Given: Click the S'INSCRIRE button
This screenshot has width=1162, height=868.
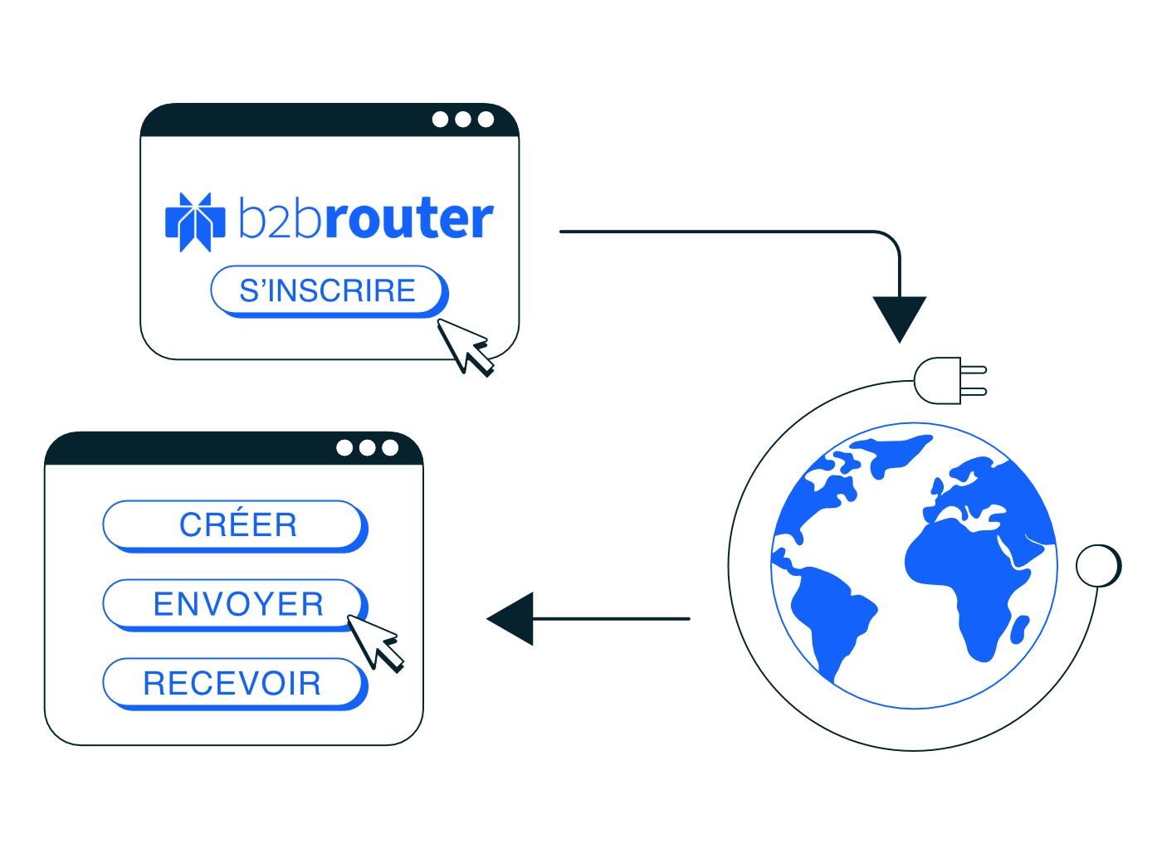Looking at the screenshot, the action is (329, 290).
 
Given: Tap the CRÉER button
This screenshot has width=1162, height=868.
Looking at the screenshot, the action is (235, 525).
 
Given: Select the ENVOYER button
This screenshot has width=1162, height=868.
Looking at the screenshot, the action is (235, 604).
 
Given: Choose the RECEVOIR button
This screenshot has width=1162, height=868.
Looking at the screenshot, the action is (235, 683).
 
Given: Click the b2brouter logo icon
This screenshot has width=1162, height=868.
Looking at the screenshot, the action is (195, 222).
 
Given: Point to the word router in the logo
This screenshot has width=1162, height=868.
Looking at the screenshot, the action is (408, 217).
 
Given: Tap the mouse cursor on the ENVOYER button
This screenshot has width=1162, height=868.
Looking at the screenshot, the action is (375, 644).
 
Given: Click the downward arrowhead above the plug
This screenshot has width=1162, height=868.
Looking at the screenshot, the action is (899, 318).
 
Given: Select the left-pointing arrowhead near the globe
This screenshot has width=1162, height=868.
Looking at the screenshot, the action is (510, 618).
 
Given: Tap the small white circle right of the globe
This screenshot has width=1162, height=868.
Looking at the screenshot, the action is (1098, 565).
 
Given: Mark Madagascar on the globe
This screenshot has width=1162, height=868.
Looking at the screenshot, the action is (1019, 629).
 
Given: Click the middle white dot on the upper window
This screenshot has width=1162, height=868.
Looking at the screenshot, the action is (462, 119).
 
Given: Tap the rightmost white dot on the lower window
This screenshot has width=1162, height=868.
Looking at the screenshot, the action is (390, 448).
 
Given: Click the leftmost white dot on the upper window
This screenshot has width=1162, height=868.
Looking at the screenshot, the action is (440, 119).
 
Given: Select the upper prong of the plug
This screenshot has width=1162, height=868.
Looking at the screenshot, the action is (973, 370).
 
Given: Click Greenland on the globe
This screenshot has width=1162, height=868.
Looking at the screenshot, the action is (895, 453).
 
